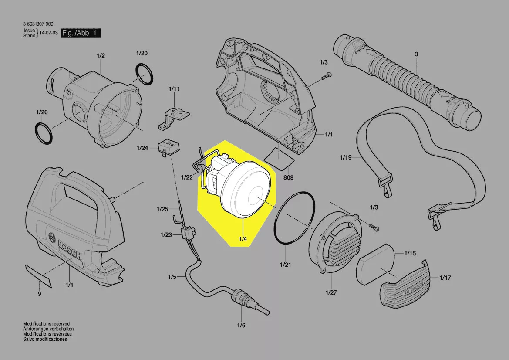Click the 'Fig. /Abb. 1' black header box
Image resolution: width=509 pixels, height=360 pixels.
pyautogui.click(x=81, y=33)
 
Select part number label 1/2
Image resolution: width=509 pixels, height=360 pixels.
pyautogui.click(x=101, y=56)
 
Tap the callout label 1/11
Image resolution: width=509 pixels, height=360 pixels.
pyautogui.click(x=174, y=89)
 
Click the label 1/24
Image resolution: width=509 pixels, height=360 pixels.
pyautogui.click(x=142, y=148)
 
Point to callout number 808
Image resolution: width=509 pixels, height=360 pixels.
pyautogui.click(x=288, y=177)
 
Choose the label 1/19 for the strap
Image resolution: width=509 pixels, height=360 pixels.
pyautogui.click(x=346, y=158)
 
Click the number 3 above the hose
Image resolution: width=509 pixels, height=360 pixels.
pyautogui.click(x=417, y=54)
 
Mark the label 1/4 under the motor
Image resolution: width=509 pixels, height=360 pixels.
pyautogui.click(x=243, y=239)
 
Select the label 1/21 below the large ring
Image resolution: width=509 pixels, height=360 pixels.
pyautogui.click(x=285, y=265)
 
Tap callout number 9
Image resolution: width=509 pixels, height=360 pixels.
pyautogui.click(x=39, y=294)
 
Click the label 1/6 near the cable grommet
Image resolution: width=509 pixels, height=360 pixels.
pyautogui.click(x=241, y=325)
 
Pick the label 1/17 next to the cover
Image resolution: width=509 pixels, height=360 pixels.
pyautogui.click(x=445, y=278)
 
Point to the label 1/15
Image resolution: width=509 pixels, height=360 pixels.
pyautogui.click(x=410, y=253)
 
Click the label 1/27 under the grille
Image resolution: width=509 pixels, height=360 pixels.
pyautogui.click(x=331, y=292)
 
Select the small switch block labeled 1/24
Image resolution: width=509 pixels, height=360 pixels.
pyautogui.click(x=169, y=147)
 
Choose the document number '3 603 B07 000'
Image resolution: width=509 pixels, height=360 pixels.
pyautogui.click(x=38, y=24)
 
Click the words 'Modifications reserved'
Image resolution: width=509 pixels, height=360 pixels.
pyautogui.click(x=47, y=324)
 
